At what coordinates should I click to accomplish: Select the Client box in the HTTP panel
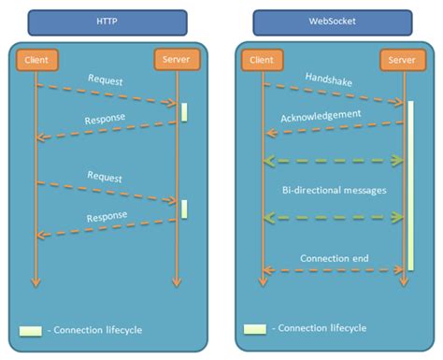(x=36, y=60)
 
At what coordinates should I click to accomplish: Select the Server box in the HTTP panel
(x=177, y=61)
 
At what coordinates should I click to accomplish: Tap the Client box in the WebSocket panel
(x=263, y=60)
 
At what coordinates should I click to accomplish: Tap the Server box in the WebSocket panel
(x=402, y=61)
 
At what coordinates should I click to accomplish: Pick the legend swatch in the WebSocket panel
(x=255, y=329)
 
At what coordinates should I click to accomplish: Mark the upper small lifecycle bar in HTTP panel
(x=184, y=110)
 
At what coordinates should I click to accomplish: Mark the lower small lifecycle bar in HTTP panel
(x=184, y=209)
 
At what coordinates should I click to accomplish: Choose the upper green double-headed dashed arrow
(x=334, y=160)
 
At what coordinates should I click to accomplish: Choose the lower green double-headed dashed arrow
(x=334, y=217)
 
